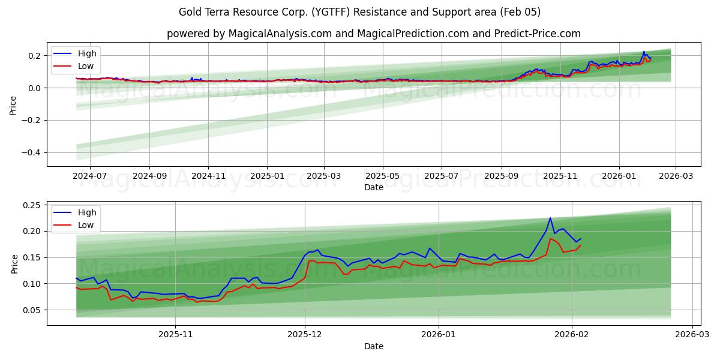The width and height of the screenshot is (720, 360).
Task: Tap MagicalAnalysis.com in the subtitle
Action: pyautogui.click(x=280, y=34)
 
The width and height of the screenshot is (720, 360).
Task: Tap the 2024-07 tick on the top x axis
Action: pyautogui.click(x=89, y=177)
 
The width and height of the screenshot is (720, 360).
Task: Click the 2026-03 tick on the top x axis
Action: pyautogui.click(x=676, y=177)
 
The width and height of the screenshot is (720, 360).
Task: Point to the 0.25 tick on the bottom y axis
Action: pyautogui.click(x=31, y=205)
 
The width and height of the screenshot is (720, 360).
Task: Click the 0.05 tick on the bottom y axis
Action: pyautogui.click(x=31, y=310)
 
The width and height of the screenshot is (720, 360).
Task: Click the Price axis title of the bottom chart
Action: pyautogui.click(x=14, y=263)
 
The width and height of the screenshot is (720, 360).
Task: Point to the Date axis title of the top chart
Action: pyautogui.click(x=373, y=187)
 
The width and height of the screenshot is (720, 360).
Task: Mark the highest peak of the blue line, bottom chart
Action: pyautogui.click(x=550, y=218)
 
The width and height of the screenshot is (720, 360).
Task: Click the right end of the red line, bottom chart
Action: pyautogui.click(x=581, y=245)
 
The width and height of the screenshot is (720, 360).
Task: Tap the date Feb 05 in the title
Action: pyautogui.click(x=521, y=12)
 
